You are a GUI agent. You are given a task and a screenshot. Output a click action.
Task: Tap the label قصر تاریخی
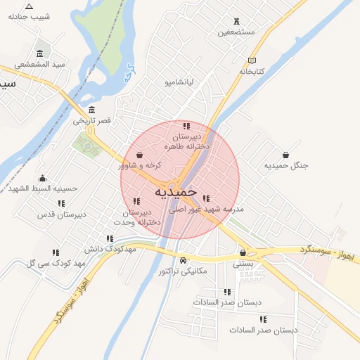(93, 122)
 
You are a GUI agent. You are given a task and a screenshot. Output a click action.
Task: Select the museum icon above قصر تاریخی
(93, 110)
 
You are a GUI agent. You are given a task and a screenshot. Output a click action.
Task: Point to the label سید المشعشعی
(42, 64)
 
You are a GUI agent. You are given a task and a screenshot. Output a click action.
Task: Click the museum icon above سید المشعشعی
(39, 53)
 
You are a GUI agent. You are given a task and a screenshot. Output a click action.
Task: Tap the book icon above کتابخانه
(252, 60)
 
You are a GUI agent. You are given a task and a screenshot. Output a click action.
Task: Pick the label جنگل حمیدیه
(286, 166)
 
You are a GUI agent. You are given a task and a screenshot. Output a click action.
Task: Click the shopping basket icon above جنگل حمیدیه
(286, 155)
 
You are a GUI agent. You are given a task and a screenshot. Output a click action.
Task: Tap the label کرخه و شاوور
(140, 166)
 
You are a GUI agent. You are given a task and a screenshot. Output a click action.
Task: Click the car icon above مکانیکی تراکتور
(183, 260)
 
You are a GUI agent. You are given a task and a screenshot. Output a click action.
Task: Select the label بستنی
(243, 263)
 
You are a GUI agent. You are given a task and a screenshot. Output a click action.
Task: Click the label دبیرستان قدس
(61, 214)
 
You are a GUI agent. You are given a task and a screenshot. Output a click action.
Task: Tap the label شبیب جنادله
(29, 17)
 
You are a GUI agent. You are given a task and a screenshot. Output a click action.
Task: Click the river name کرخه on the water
(129, 74)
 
